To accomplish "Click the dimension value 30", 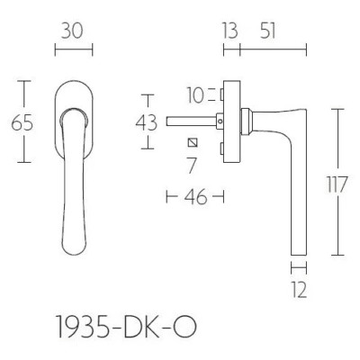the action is (72, 31).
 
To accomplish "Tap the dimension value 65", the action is (22, 123).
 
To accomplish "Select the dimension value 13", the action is (230, 31).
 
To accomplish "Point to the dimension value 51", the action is (267, 31).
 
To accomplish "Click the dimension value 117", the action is (337, 184).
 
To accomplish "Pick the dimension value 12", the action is (300, 290).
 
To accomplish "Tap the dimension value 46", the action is (195, 197).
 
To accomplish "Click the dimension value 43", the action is (147, 122).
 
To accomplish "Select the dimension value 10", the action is (195, 95).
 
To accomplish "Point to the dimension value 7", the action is (192, 166).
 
